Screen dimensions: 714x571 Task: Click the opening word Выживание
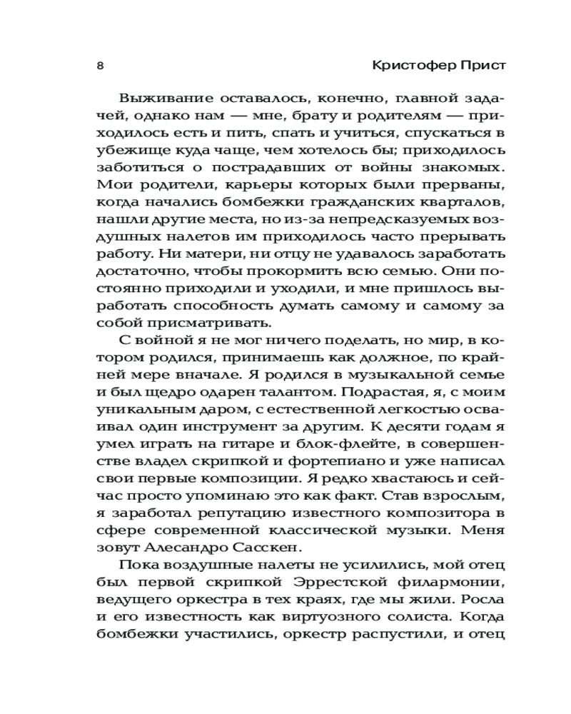tap(166, 98)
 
